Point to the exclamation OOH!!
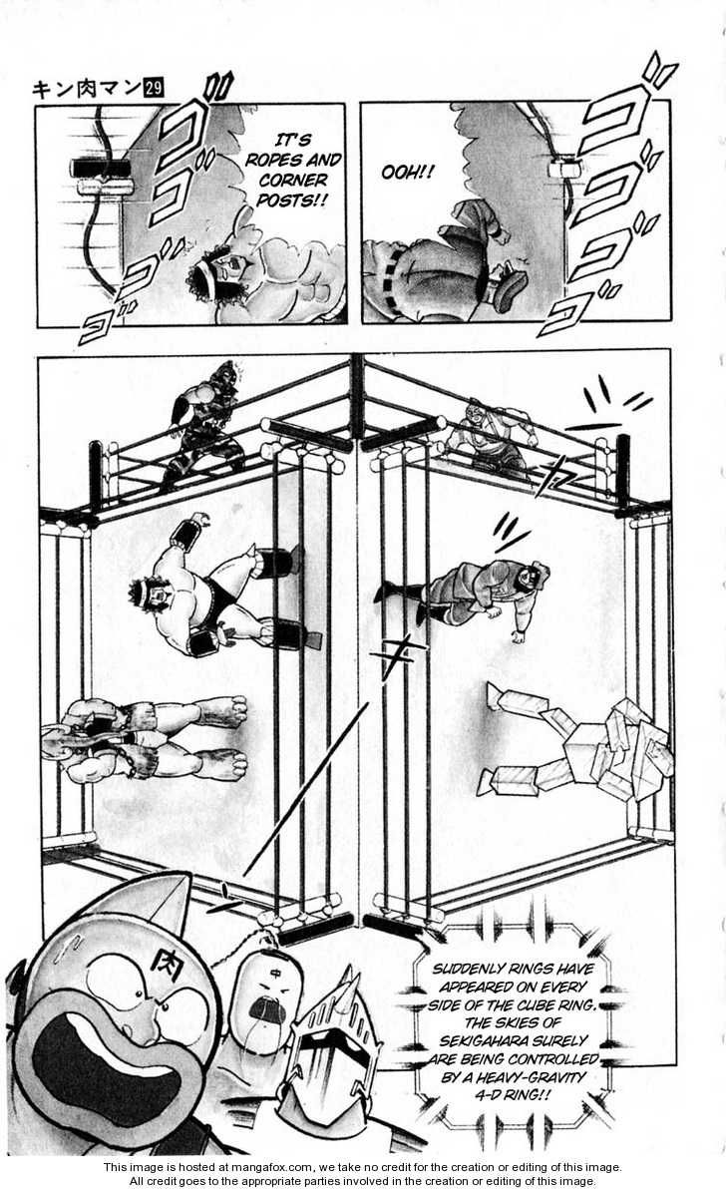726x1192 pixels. (x=408, y=173)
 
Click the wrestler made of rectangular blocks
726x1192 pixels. (x=588, y=741)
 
